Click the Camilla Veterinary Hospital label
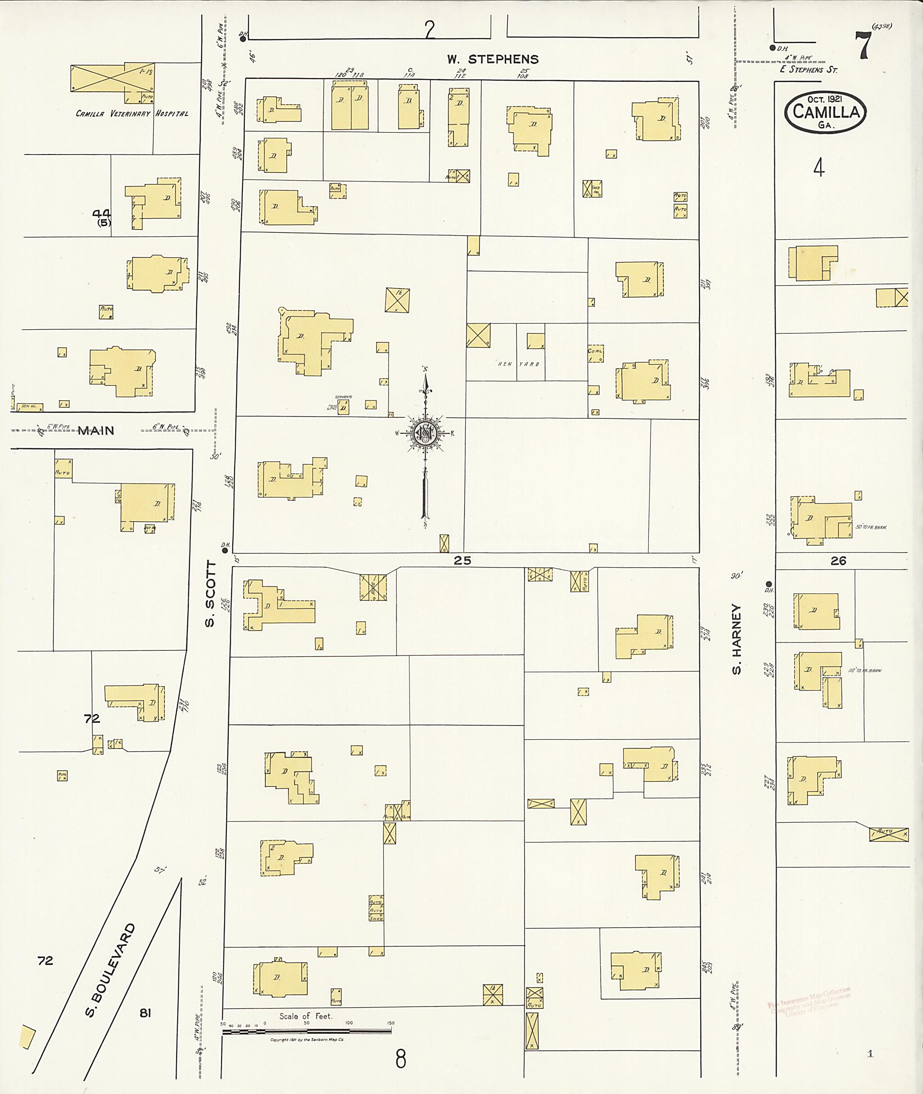(x=132, y=113)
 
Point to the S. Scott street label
(x=210, y=593)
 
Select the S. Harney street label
(x=737, y=639)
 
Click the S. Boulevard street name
(x=110, y=970)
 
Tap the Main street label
(x=96, y=431)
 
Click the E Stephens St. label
(x=809, y=69)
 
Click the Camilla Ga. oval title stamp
(x=825, y=112)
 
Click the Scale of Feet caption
(x=305, y=1016)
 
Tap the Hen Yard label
(x=518, y=364)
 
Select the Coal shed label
(x=595, y=351)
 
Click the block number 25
(x=462, y=561)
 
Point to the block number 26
(x=838, y=561)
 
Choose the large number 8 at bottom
(x=401, y=1059)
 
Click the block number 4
(x=819, y=168)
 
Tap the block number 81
(x=145, y=1013)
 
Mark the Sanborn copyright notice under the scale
(x=306, y=1040)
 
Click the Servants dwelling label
(x=344, y=397)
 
